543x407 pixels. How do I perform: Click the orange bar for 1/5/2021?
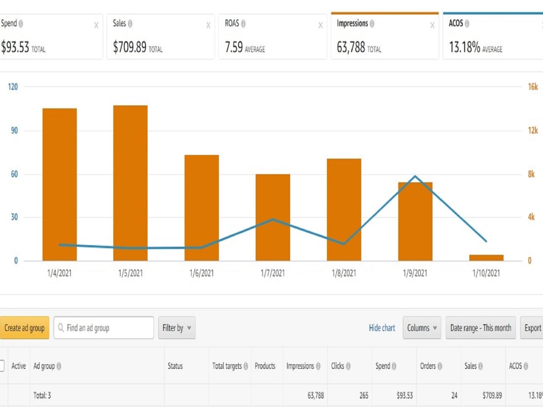(x=130, y=183)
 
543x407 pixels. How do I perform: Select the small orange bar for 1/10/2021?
(x=486, y=257)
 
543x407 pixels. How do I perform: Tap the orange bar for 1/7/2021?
(x=273, y=218)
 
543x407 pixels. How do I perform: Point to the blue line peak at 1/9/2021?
(x=415, y=176)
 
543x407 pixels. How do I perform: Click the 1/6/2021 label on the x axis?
(x=201, y=273)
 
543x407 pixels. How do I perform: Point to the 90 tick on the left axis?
(x=14, y=130)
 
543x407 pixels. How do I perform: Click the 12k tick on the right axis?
(x=533, y=130)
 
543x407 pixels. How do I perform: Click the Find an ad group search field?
(x=104, y=327)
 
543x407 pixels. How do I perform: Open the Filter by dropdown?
(x=176, y=327)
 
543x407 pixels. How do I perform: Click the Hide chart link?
(x=382, y=328)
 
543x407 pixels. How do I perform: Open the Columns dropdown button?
(x=422, y=327)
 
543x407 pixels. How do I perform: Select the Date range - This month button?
(x=481, y=327)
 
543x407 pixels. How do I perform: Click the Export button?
(x=532, y=327)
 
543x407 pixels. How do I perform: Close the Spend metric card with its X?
(x=96, y=26)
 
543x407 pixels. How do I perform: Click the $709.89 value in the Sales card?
(x=130, y=47)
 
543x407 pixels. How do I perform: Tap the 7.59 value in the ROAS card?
(x=233, y=47)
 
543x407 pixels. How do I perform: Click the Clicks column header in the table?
(x=338, y=366)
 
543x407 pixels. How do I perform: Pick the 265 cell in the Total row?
(x=364, y=395)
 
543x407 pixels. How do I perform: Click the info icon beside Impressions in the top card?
(x=372, y=23)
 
